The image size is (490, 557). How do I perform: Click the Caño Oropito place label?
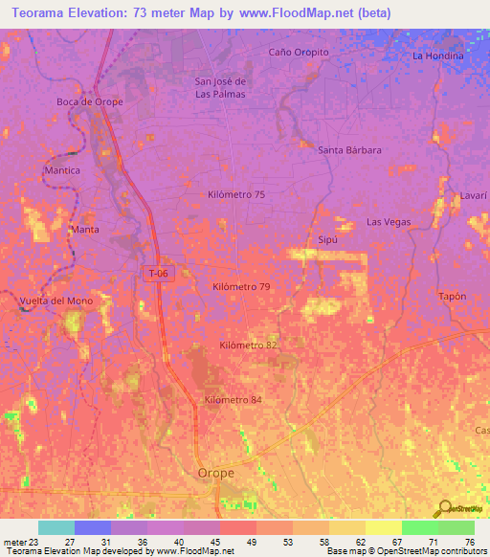click(299, 52)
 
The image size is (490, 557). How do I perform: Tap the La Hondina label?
click(437, 56)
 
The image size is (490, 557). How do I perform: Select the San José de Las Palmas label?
click(220, 87)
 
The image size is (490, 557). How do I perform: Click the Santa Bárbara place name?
click(350, 150)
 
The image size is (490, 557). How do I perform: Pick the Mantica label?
click(62, 170)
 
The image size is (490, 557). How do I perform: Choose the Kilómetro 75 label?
click(236, 194)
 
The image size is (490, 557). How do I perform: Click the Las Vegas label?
click(389, 222)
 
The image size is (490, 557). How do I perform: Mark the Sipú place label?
click(326, 240)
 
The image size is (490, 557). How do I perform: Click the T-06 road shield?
click(158, 274)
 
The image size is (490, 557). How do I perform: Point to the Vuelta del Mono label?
click(56, 301)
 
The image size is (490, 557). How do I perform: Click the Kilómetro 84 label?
click(233, 400)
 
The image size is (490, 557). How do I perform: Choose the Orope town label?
click(215, 473)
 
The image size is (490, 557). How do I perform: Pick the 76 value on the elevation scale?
click(468, 542)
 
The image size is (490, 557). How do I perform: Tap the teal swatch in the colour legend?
click(56, 527)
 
